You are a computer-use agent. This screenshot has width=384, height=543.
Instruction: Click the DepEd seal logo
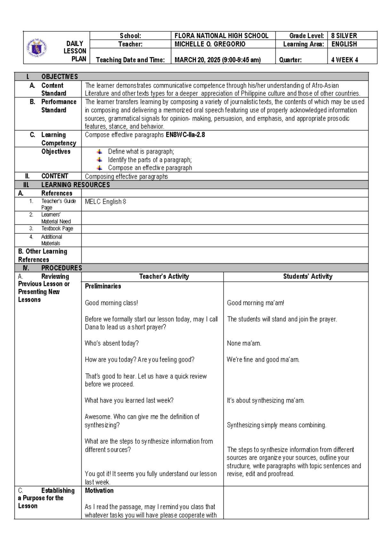tap(37, 48)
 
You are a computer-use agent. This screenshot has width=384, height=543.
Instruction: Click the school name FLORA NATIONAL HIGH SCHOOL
tap(221, 36)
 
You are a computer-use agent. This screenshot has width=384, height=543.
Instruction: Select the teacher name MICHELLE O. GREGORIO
tap(210, 44)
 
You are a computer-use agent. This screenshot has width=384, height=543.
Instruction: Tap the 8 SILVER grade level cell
tap(344, 36)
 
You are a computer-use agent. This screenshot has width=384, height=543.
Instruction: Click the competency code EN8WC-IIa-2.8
tap(185, 135)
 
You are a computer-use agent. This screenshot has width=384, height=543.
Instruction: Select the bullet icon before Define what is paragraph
tap(100, 152)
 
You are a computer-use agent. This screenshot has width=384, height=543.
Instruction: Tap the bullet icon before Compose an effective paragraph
tap(100, 168)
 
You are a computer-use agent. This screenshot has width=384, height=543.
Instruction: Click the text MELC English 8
tap(105, 202)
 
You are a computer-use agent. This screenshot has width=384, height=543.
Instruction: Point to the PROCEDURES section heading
tap(61, 268)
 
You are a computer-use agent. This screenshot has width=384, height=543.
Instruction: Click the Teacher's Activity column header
tap(164, 277)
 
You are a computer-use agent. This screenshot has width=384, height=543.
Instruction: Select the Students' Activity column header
tap(308, 277)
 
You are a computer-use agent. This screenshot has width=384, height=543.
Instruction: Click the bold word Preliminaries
tap(103, 286)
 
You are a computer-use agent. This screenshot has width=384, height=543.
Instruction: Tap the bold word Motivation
tap(99, 490)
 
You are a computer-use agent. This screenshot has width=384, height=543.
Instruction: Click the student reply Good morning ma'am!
tap(255, 303)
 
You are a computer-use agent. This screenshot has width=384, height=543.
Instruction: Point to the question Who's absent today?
tap(112, 343)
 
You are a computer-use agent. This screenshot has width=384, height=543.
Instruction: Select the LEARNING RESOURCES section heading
tap(76, 185)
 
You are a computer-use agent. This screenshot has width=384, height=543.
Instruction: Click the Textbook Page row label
tap(57, 229)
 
